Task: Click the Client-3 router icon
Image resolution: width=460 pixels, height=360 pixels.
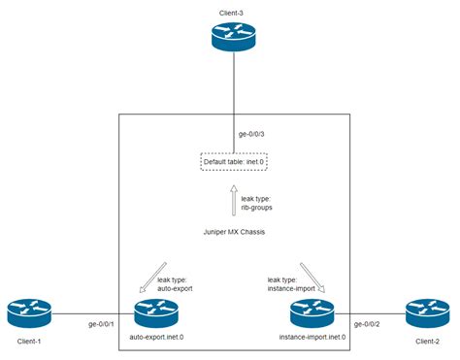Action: pos(233,39)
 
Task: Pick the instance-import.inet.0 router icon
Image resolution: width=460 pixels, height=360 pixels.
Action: pos(312,313)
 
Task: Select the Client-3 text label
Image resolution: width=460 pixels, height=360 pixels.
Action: pos(233,9)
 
